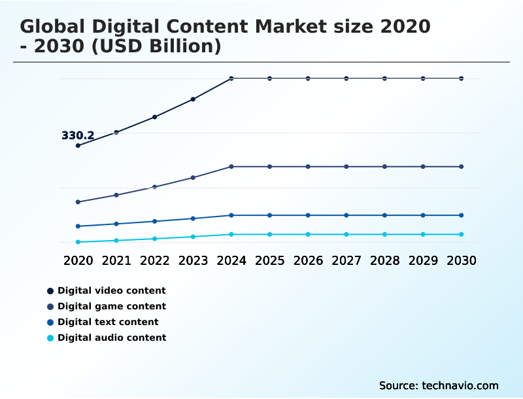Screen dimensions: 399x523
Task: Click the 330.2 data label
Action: pyautogui.click(x=78, y=136)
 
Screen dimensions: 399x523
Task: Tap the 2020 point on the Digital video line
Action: pyautogui.click(x=78, y=145)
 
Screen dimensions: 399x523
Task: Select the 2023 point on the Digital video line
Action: pyautogui.click(x=193, y=99)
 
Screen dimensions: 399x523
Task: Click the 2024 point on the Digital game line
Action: pyautogui.click(x=231, y=167)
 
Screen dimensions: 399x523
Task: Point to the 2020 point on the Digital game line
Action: pyautogui.click(x=78, y=202)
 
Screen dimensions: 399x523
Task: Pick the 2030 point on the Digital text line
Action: pyautogui.click(x=461, y=215)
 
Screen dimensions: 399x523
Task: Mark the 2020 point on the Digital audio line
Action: pyautogui.click(x=78, y=242)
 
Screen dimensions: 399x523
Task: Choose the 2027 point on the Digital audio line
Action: pyautogui.click(x=346, y=234)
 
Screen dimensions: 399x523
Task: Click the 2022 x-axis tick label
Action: pyautogui.click(x=155, y=260)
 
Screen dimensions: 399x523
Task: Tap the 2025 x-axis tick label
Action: pyautogui.click(x=270, y=260)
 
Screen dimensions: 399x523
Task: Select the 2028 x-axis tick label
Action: pyautogui.click(x=385, y=260)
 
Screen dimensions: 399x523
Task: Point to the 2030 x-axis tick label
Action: pyautogui.click(x=461, y=260)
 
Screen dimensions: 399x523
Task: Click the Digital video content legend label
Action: pyautogui.click(x=112, y=290)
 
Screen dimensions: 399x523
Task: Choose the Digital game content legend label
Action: pyautogui.click(x=112, y=306)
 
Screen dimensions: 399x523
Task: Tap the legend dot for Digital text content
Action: pyautogui.click(x=50, y=322)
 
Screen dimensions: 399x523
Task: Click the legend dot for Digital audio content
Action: pyautogui.click(x=50, y=338)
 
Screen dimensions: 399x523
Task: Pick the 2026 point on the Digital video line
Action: pyautogui.click(x=308, y=78)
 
